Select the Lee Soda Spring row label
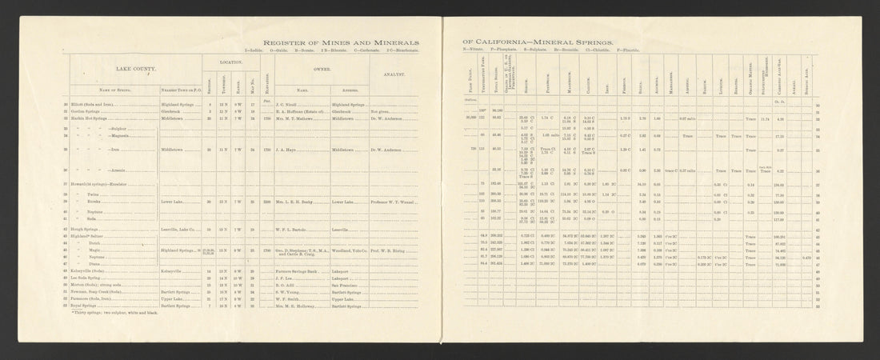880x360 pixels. pyautogui.click(x=91, y=278)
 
